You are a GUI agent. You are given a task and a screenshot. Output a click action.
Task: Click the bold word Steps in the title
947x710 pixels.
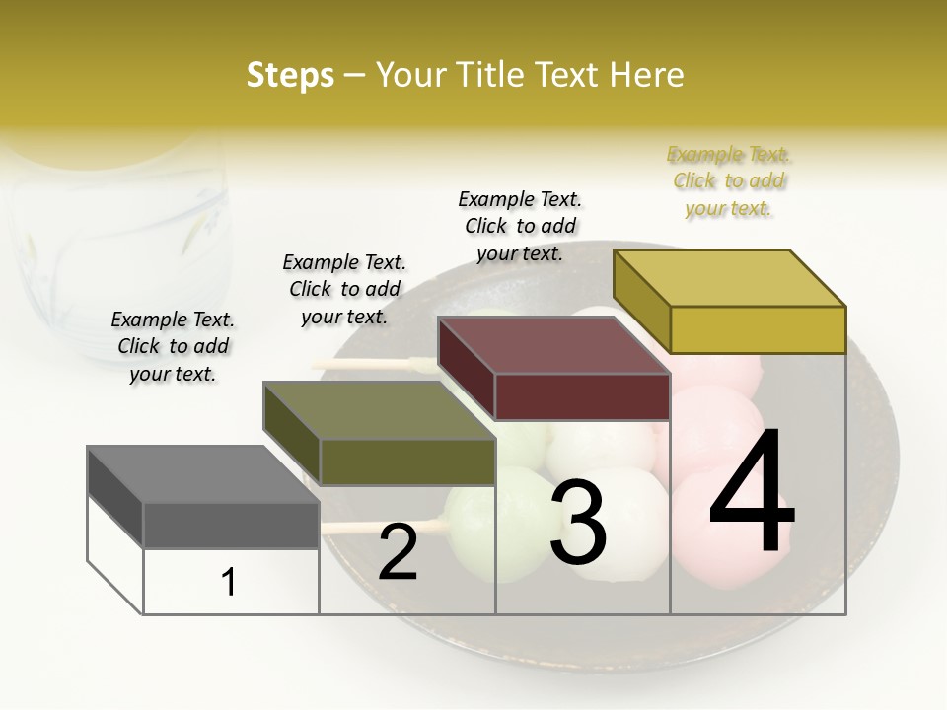click(290, 75)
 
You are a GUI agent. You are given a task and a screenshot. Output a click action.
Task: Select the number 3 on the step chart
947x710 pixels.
click(578, 523)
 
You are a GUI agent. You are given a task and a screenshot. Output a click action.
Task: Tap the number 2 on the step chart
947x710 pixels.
click(398, 552)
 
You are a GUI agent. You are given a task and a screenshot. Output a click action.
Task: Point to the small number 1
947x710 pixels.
click(229, 583)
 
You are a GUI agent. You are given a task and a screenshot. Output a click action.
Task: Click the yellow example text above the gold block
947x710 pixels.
click(729, 181)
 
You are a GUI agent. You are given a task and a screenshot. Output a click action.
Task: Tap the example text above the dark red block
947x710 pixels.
click(520, 226)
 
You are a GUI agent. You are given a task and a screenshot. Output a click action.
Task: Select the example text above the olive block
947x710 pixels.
click(344, 289)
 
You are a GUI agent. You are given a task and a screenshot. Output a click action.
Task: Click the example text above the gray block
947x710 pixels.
click(173, 346)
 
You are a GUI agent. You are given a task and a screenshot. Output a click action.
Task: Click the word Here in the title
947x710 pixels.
click(647, 75)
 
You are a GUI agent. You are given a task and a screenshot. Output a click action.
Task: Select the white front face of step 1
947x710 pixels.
click(231, 582)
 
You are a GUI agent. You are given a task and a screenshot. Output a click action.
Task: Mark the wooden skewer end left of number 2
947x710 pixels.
click(340, 528)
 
